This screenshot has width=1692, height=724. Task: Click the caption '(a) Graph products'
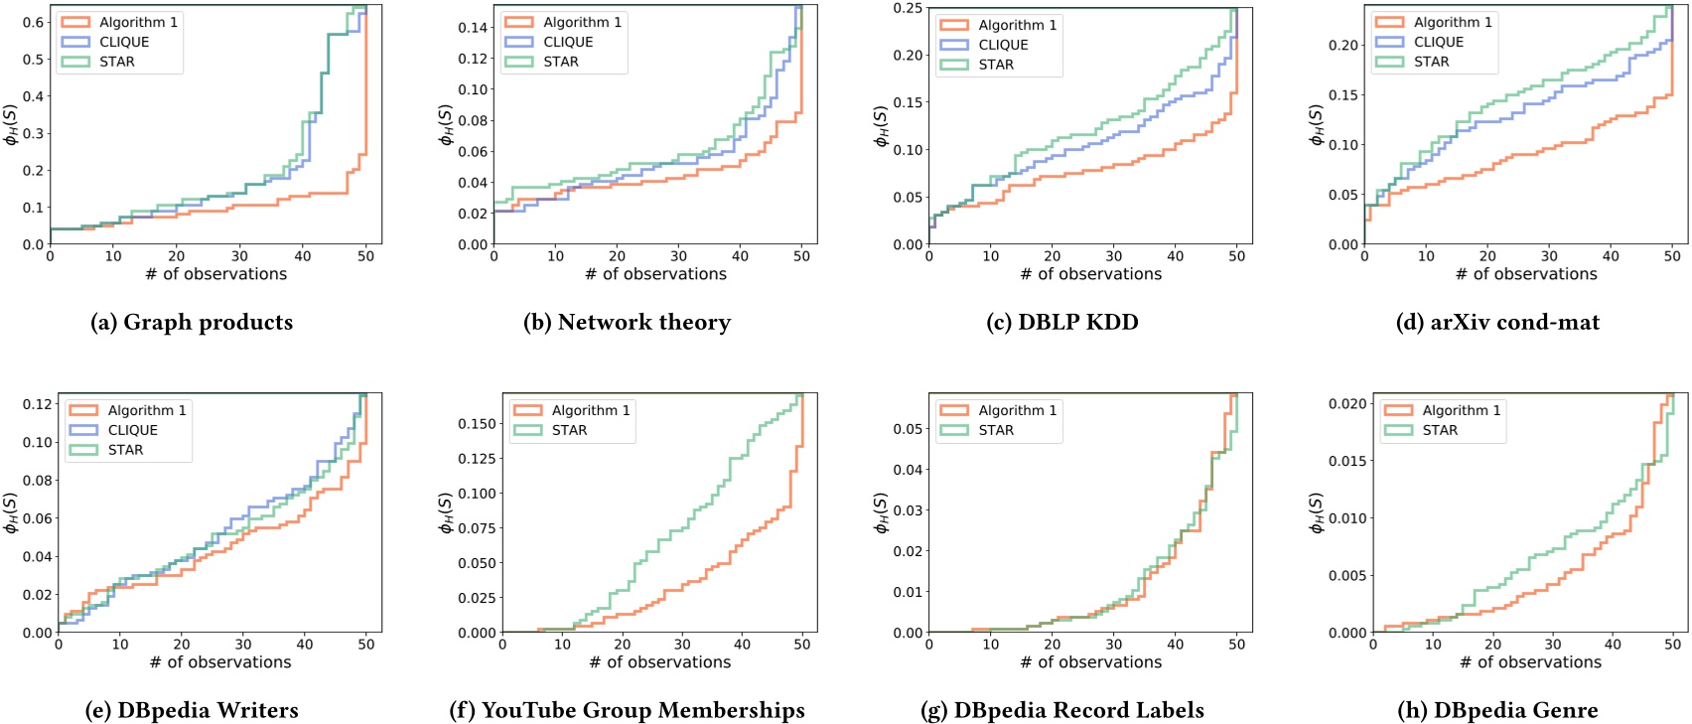pyautogui.click(x=192, y=323)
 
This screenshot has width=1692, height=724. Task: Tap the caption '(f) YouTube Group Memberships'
pyautogui.click(x=627, y=711)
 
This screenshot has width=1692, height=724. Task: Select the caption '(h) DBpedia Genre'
pyautogui.click(x=1497, y=711)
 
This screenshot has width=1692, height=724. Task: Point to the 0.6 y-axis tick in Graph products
pyautogui.click(x=33, y=22)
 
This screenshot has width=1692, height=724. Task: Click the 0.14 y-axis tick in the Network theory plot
pyautogui.click(x=473, y=28)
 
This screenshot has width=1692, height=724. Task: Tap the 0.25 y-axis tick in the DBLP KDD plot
pyautogui.click(x=908, y=8)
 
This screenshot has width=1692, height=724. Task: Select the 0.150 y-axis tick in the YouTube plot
pyautogui.click(x=476, y=424)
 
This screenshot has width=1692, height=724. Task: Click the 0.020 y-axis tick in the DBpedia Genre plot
pyautogui.click(x=1347, y=404)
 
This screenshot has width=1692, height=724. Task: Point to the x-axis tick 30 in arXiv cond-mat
pyautogui.click(x=1549, y=256)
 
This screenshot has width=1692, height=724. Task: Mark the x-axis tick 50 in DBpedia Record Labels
pyautogui.click(x=1236, y=645)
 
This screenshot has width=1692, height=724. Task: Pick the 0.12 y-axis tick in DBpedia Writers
pyautogui.click(x=38, y=404)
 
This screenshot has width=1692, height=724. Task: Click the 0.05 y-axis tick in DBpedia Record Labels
pyautogui.click(x=908, y=429)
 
